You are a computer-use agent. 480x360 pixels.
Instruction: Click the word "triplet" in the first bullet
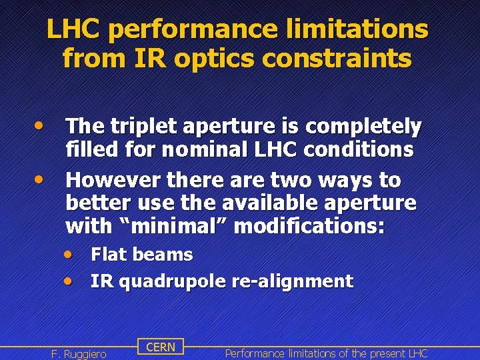135,126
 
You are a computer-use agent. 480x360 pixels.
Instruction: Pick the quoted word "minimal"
173,226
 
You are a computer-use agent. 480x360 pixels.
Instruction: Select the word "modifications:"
309,226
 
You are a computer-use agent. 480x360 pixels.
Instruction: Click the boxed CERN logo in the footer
160,347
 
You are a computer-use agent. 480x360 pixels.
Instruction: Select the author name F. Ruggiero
79,353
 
